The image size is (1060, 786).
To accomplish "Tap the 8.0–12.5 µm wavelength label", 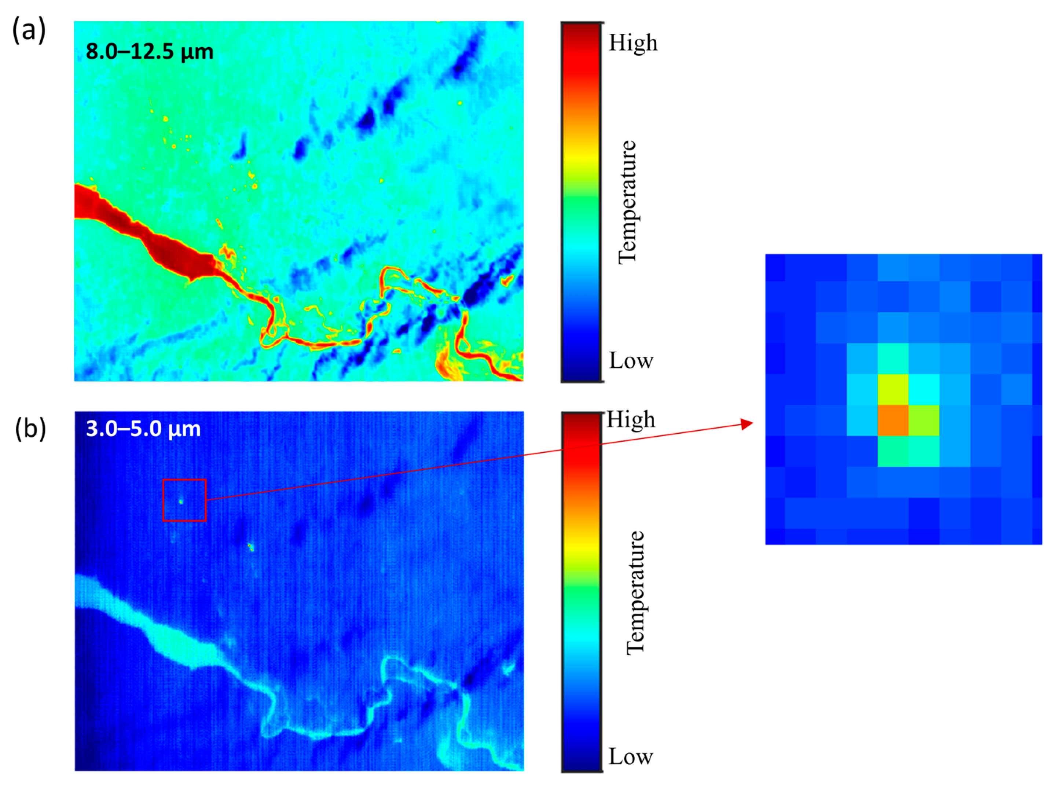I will [x=149, y=51].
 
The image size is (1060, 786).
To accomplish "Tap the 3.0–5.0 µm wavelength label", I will [x=143, y=429].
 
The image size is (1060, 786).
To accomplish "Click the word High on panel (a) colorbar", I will [x=633, y=43].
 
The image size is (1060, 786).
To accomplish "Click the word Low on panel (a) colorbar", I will [x=631, y=361].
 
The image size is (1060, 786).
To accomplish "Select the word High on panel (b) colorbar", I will [x=631, y=420].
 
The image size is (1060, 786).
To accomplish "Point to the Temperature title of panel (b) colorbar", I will [x=635, y=593].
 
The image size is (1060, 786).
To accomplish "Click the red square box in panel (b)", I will [x=184, y=500].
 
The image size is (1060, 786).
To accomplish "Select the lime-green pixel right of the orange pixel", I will [x=924, y=420].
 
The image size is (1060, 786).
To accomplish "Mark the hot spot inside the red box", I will [x=181, y=501].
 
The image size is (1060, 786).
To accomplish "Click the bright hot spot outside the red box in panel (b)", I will [x=250, y=547].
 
